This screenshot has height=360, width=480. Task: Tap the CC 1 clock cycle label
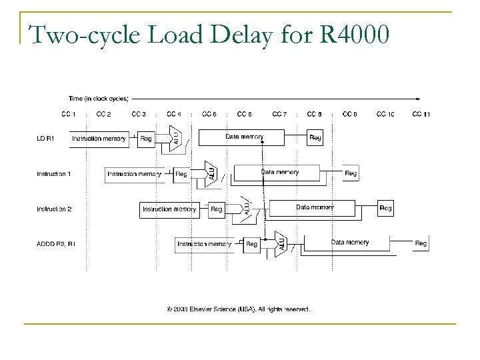click(69, 114)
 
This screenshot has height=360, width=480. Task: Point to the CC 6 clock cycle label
click(244, 114)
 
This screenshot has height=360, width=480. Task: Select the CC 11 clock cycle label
click(421, 114)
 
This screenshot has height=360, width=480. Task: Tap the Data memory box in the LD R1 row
click(244, 137)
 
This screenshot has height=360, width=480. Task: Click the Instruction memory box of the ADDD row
click(204, 245)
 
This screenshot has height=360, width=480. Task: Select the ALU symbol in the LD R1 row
click(176, 137)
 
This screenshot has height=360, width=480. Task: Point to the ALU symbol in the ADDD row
click(281, 243)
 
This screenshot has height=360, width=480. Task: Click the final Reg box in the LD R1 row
click(315, 138)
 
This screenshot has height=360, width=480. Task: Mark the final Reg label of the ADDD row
click(421, 244)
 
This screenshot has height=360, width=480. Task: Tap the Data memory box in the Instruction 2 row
click(315, 208)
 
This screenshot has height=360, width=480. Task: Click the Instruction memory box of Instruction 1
click(134, 174)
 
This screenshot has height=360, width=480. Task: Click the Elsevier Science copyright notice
click(238, 309)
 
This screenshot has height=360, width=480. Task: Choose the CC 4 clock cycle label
click(174, 114)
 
